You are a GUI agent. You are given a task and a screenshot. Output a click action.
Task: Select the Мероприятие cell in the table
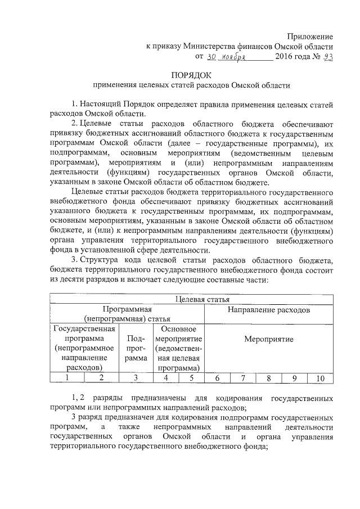268,340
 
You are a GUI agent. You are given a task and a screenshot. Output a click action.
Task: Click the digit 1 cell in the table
67,378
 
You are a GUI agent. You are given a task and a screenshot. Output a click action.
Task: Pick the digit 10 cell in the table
319,378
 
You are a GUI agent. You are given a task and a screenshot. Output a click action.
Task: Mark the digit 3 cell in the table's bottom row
136,378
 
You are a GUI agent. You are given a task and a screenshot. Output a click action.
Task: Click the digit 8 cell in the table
269,378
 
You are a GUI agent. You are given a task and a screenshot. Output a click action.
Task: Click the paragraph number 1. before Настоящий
75,105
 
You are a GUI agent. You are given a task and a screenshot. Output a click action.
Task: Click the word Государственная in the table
84,329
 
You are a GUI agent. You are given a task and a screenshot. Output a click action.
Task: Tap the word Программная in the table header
127,310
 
